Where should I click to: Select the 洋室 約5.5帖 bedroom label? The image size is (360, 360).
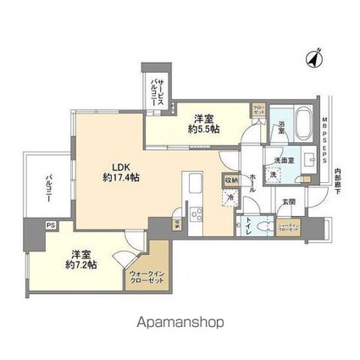pos(205,124)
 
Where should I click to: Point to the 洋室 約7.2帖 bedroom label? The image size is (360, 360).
pos(76,258)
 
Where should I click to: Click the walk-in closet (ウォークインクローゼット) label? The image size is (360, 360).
pos(144,279)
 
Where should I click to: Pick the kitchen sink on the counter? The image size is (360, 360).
pos(192,180)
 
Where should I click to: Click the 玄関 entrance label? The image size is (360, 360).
pos(289,201)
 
